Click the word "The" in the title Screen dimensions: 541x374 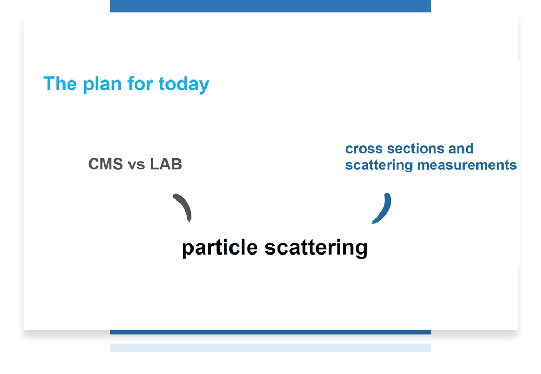click(60, 84)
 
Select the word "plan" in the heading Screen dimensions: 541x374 click(102, 85)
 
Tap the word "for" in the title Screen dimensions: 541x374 click(140, 84)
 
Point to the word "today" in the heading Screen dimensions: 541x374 click(184, 85)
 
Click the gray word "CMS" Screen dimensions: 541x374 click(106, 164)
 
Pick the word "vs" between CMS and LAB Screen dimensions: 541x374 click(136, 165)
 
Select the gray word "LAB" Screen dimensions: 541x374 click(166, 164)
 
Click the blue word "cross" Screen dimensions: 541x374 click(364, 149)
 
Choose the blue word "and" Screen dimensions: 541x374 click(461, 149)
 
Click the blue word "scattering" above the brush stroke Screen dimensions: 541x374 click(379, 165)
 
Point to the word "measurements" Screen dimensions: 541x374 click(467, 165)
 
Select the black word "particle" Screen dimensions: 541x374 click(220, 248)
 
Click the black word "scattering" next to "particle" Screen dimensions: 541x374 click(316, 248)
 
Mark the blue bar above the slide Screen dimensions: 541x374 click(270, 6)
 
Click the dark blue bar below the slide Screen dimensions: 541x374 click(270, 332)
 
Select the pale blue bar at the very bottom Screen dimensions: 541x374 click(270, 348)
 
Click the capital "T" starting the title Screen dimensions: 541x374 click(50, 84)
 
